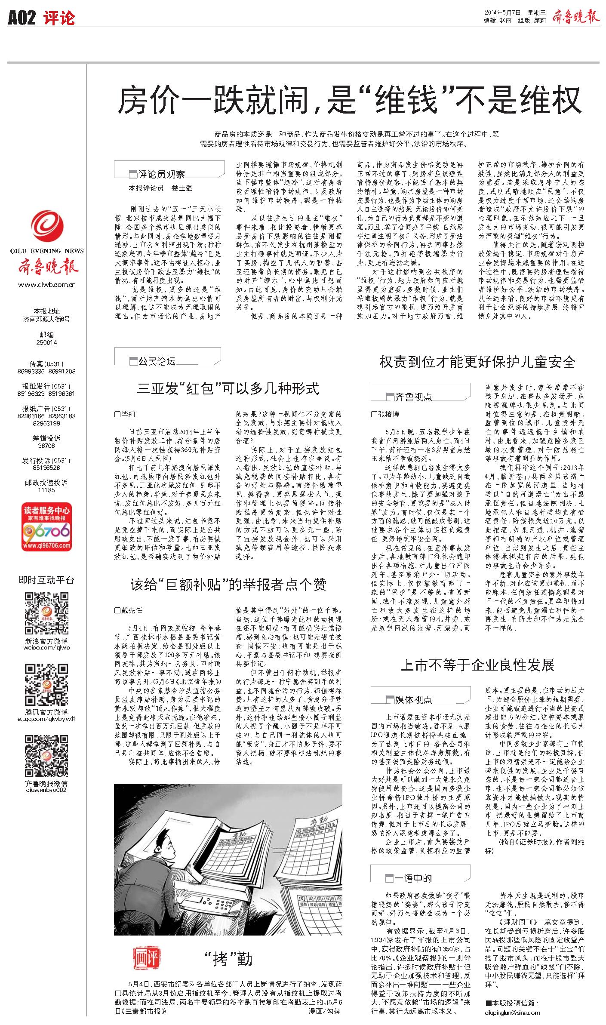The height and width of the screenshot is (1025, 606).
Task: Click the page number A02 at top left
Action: pyautogui.click(x=22, y=18)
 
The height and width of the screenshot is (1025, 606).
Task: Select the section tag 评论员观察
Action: pyautogui.click(x=161, y=174)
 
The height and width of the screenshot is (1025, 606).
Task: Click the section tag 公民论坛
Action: pyautogui.click(x=157, y=361)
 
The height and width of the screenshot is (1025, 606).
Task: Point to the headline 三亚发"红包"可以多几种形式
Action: pyautogui.click(x=228, y=389)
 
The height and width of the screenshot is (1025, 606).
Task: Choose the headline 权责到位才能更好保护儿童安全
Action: pyautogui.click(x=477, y=362)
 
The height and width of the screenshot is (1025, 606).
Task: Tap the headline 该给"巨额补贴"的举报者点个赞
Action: pyautogui.click(x=228, y=584)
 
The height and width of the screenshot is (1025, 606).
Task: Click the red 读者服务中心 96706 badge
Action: pyautogui.click(x=46, y=527)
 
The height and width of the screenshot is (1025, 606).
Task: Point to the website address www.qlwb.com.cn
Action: pyautogui.click(x=47, y=284)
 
